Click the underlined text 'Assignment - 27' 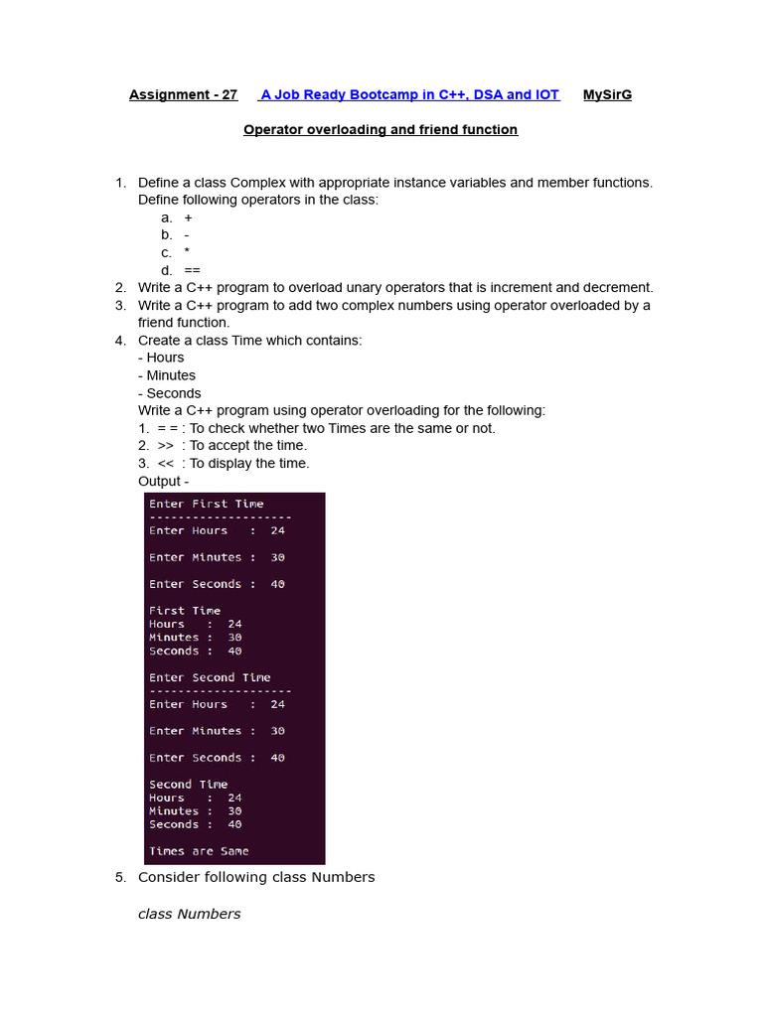point(183,95)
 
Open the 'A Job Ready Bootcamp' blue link point(409,95)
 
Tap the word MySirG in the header point(607,95)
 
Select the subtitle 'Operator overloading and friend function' point(381,130)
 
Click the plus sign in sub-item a point(189,218)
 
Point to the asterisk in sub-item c point(187,252)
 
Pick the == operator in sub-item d point(192,270)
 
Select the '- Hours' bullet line point(161,358)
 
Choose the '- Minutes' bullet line point(167,375)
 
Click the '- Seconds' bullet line point(170,393)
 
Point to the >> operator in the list point(166,446)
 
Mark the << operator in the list point(166,464)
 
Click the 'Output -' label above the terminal point(163,482)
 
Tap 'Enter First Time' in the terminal point(207,505)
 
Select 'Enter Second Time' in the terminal point(210,678)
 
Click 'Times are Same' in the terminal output point(199,851)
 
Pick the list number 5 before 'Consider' point(120,878)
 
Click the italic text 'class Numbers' point(189,915)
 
